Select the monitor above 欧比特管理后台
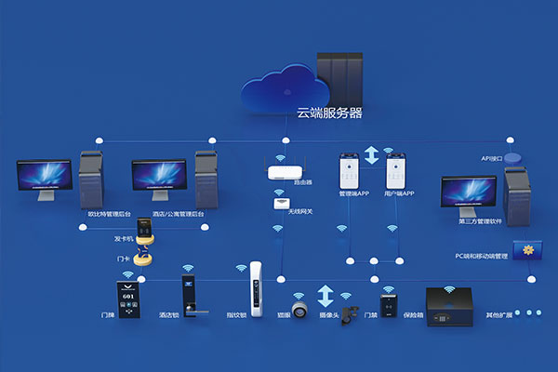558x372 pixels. (44, 180)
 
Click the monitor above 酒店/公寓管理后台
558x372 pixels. (157, 180)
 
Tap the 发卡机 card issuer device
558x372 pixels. (146, 231)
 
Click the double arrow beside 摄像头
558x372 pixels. (325, 297)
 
